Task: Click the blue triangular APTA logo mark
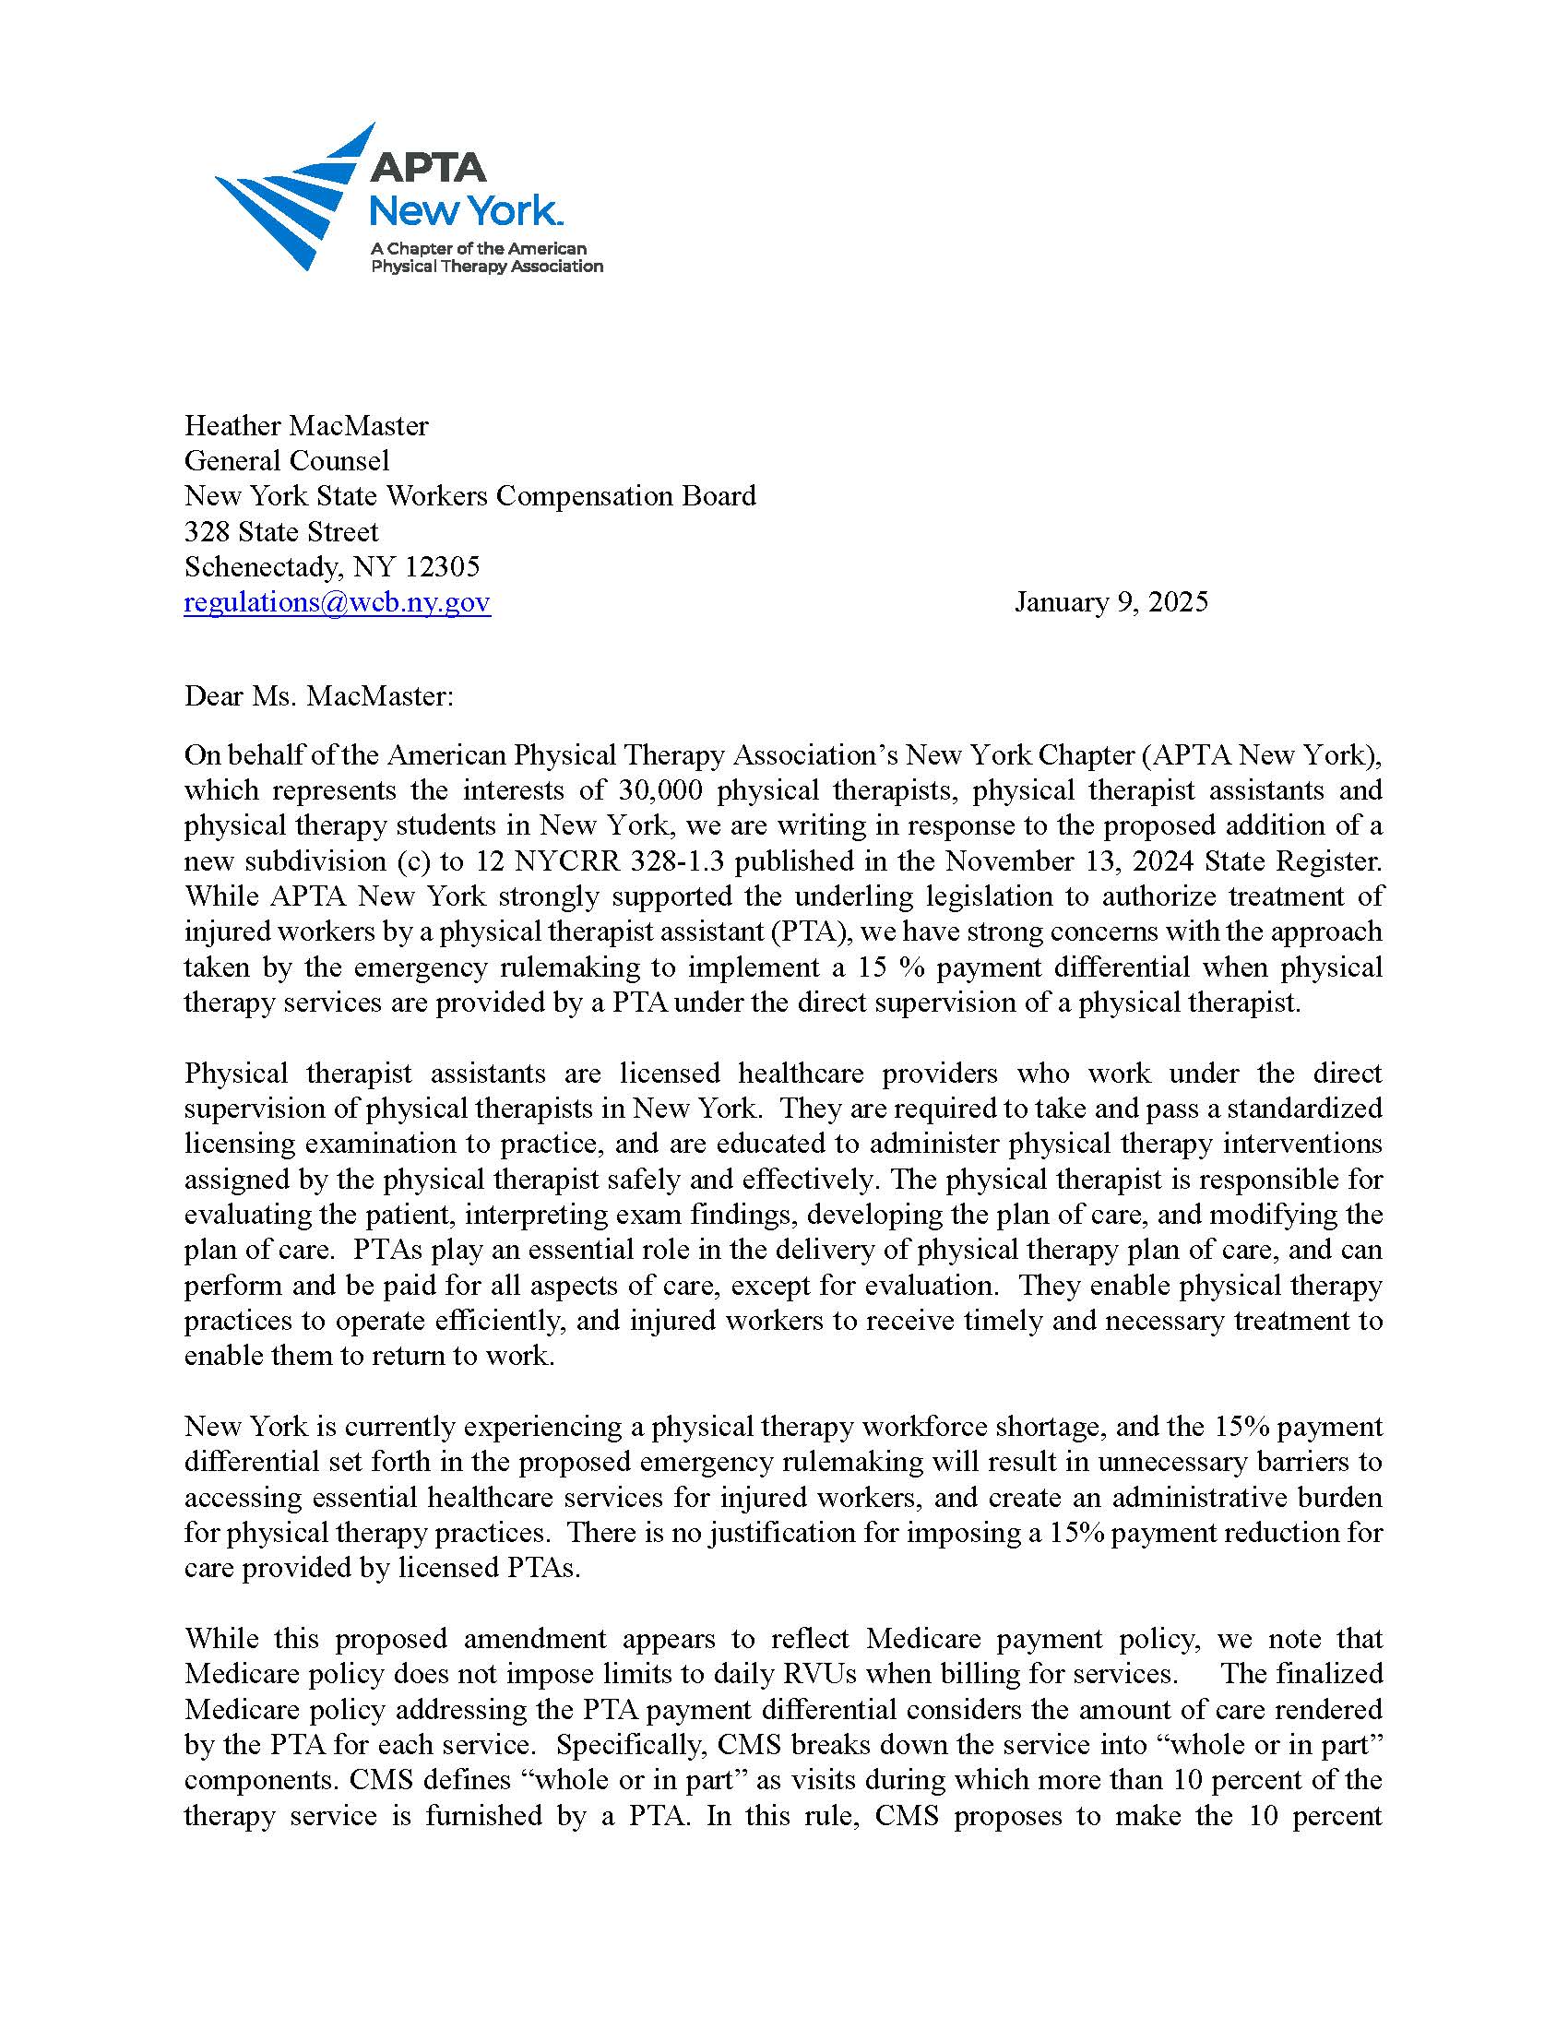tap(288, 200)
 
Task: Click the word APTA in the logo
tap(427, 168)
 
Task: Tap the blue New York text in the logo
tap(465, 212)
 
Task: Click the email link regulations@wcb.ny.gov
tap(338, 602)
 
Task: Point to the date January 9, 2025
tap(1111, 602)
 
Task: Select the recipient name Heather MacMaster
tap(306, 425)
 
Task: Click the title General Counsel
tap(287, 461)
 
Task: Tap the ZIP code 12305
tap(442, 566)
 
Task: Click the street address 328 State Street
tap(281, 531)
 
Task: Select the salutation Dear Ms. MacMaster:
tap(319, 695)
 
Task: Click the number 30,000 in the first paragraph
tap(659, 789)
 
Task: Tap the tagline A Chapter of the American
tap(479, 249)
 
